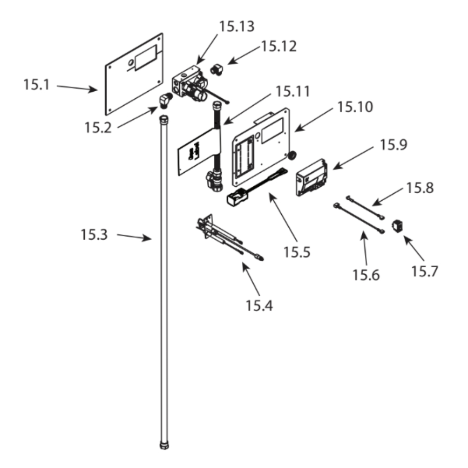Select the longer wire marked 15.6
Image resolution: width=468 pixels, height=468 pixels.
tap(359, 219)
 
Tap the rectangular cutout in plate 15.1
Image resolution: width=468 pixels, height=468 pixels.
tap(145, 58)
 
